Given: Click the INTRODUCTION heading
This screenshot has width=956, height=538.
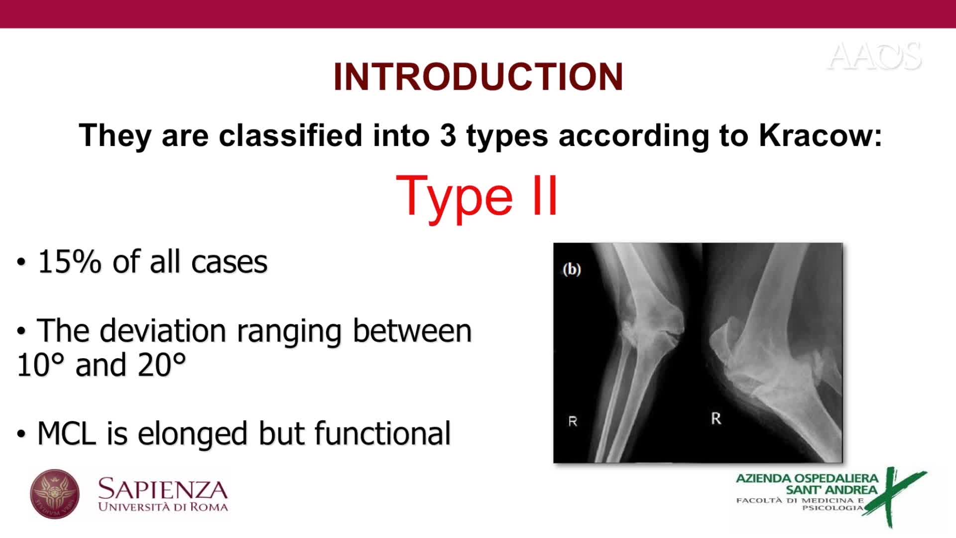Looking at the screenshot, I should pos(478,77).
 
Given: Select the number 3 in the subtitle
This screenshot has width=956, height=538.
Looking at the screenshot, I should pos(448,135).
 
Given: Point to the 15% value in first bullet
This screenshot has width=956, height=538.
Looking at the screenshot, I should pos(70,262).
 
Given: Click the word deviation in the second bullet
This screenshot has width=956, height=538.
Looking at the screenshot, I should pos(163,331).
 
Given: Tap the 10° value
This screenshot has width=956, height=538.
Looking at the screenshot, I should pos(41,365).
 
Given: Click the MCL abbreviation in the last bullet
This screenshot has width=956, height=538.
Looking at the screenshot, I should pos(67,433).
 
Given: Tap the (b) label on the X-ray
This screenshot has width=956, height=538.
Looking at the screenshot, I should pos(572,269).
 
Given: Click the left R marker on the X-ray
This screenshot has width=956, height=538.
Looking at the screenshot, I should pos(573,421).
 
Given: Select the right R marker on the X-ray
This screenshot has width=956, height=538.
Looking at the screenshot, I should pos(716,418).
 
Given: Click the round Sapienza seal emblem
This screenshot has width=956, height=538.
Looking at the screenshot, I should pos(55,494).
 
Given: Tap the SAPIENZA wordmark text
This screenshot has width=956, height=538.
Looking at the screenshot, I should pos(163,489).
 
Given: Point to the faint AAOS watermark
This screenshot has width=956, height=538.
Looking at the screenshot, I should pos(874,56).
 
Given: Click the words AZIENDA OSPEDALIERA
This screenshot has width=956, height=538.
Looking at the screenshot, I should pos(807,478).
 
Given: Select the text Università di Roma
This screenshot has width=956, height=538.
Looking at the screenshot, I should pos(163,507).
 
